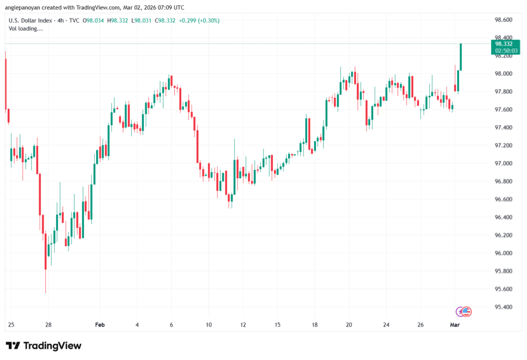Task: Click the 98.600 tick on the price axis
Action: click(503, 20)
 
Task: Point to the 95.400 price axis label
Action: click(503, 307)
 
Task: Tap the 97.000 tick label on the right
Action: click(503, 163)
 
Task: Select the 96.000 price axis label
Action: click(503, 253)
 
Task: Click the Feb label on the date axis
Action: click(100, 325)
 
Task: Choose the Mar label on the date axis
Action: click(455, 325)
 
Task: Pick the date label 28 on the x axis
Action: click(48, 325)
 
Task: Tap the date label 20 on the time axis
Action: click(349, 325)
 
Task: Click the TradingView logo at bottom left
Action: click(43, 346)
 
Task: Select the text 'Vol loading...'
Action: click(26, 29)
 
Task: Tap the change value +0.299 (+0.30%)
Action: click(199, 20)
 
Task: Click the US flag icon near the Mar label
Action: click(466, 311)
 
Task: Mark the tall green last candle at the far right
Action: click(461, 57)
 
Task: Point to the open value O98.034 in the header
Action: click(94, 20)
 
